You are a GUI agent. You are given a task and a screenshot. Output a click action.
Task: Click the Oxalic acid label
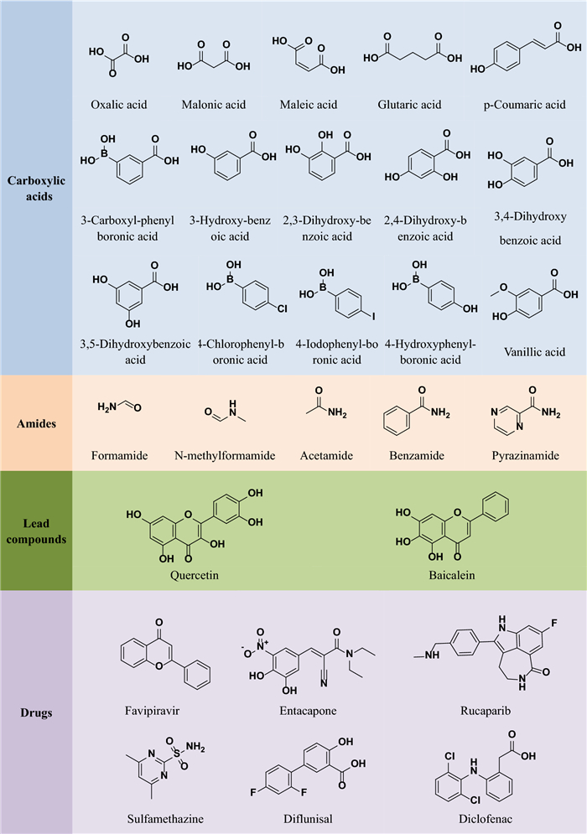click(x=118, y=105)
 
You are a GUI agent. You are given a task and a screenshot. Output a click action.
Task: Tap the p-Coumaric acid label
click(x=524, y=105)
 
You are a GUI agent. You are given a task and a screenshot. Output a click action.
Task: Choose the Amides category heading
click(x=36, y=424)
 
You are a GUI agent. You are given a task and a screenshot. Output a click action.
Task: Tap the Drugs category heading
click(x=36, y=713)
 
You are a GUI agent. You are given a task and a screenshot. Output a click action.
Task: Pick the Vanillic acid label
click(x=524, y=352)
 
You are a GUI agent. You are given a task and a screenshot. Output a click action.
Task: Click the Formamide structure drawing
click(x=120, y=407)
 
